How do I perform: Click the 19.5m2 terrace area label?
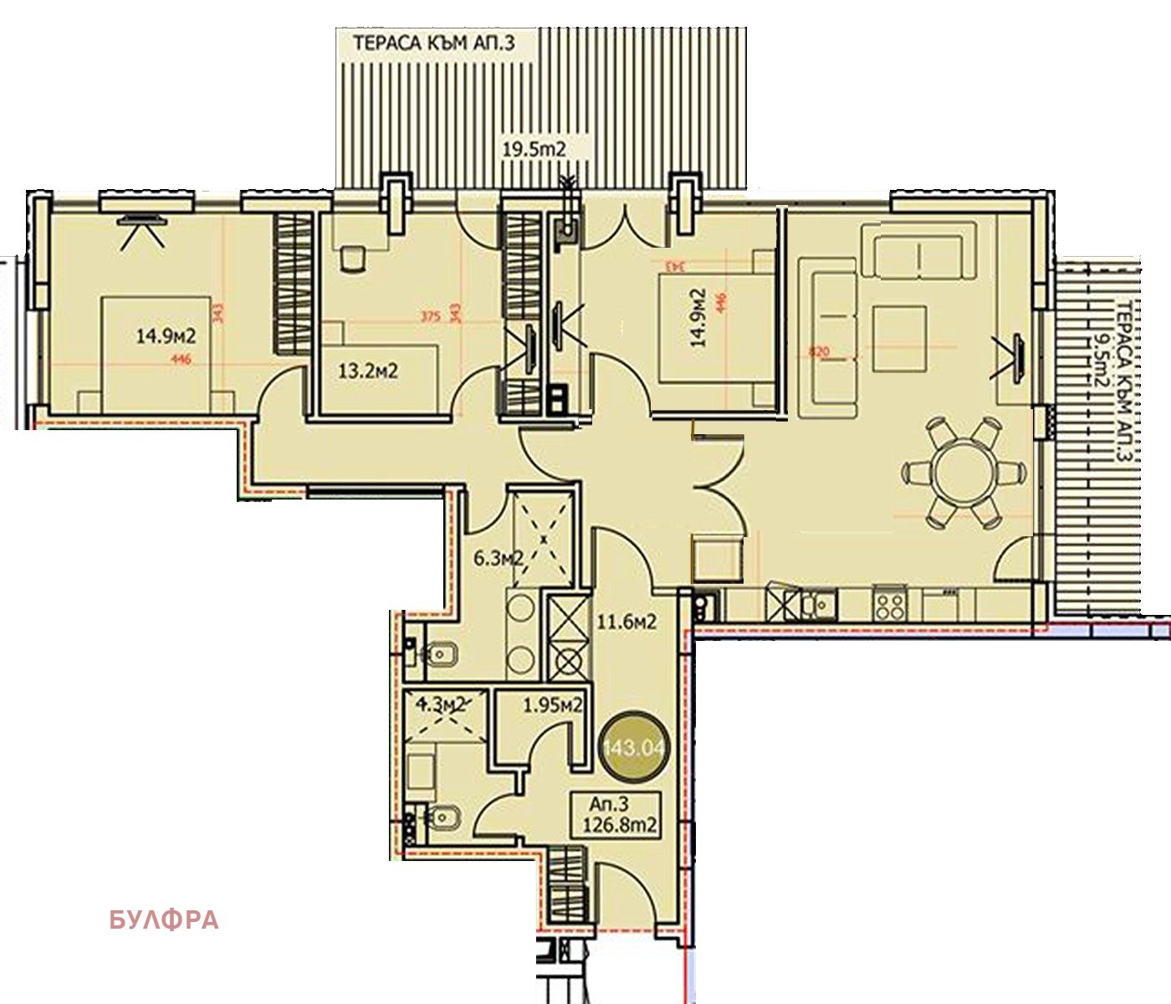pyautogui.click(x=534, y=150)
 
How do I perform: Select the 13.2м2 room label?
pyautogui.click(x=369, y=370)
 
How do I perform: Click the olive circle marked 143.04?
pyautogui.click(x=633, y=745)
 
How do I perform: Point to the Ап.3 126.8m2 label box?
pyautogui.click(x=621, y=815)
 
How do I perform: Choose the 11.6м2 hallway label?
pyautogui.click(x=625, y=622)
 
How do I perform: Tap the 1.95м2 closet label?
pyautogui.click(x=552, y=705)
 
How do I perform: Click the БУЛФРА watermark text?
pyautogui.click(x=164, y=920)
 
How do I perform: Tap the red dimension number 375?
pyautogui.click(x=430, y=316)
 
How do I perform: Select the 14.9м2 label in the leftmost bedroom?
pyautogui.click(x=166, y=336)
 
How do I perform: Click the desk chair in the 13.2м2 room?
pyautogui.click(x=353, y=258)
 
